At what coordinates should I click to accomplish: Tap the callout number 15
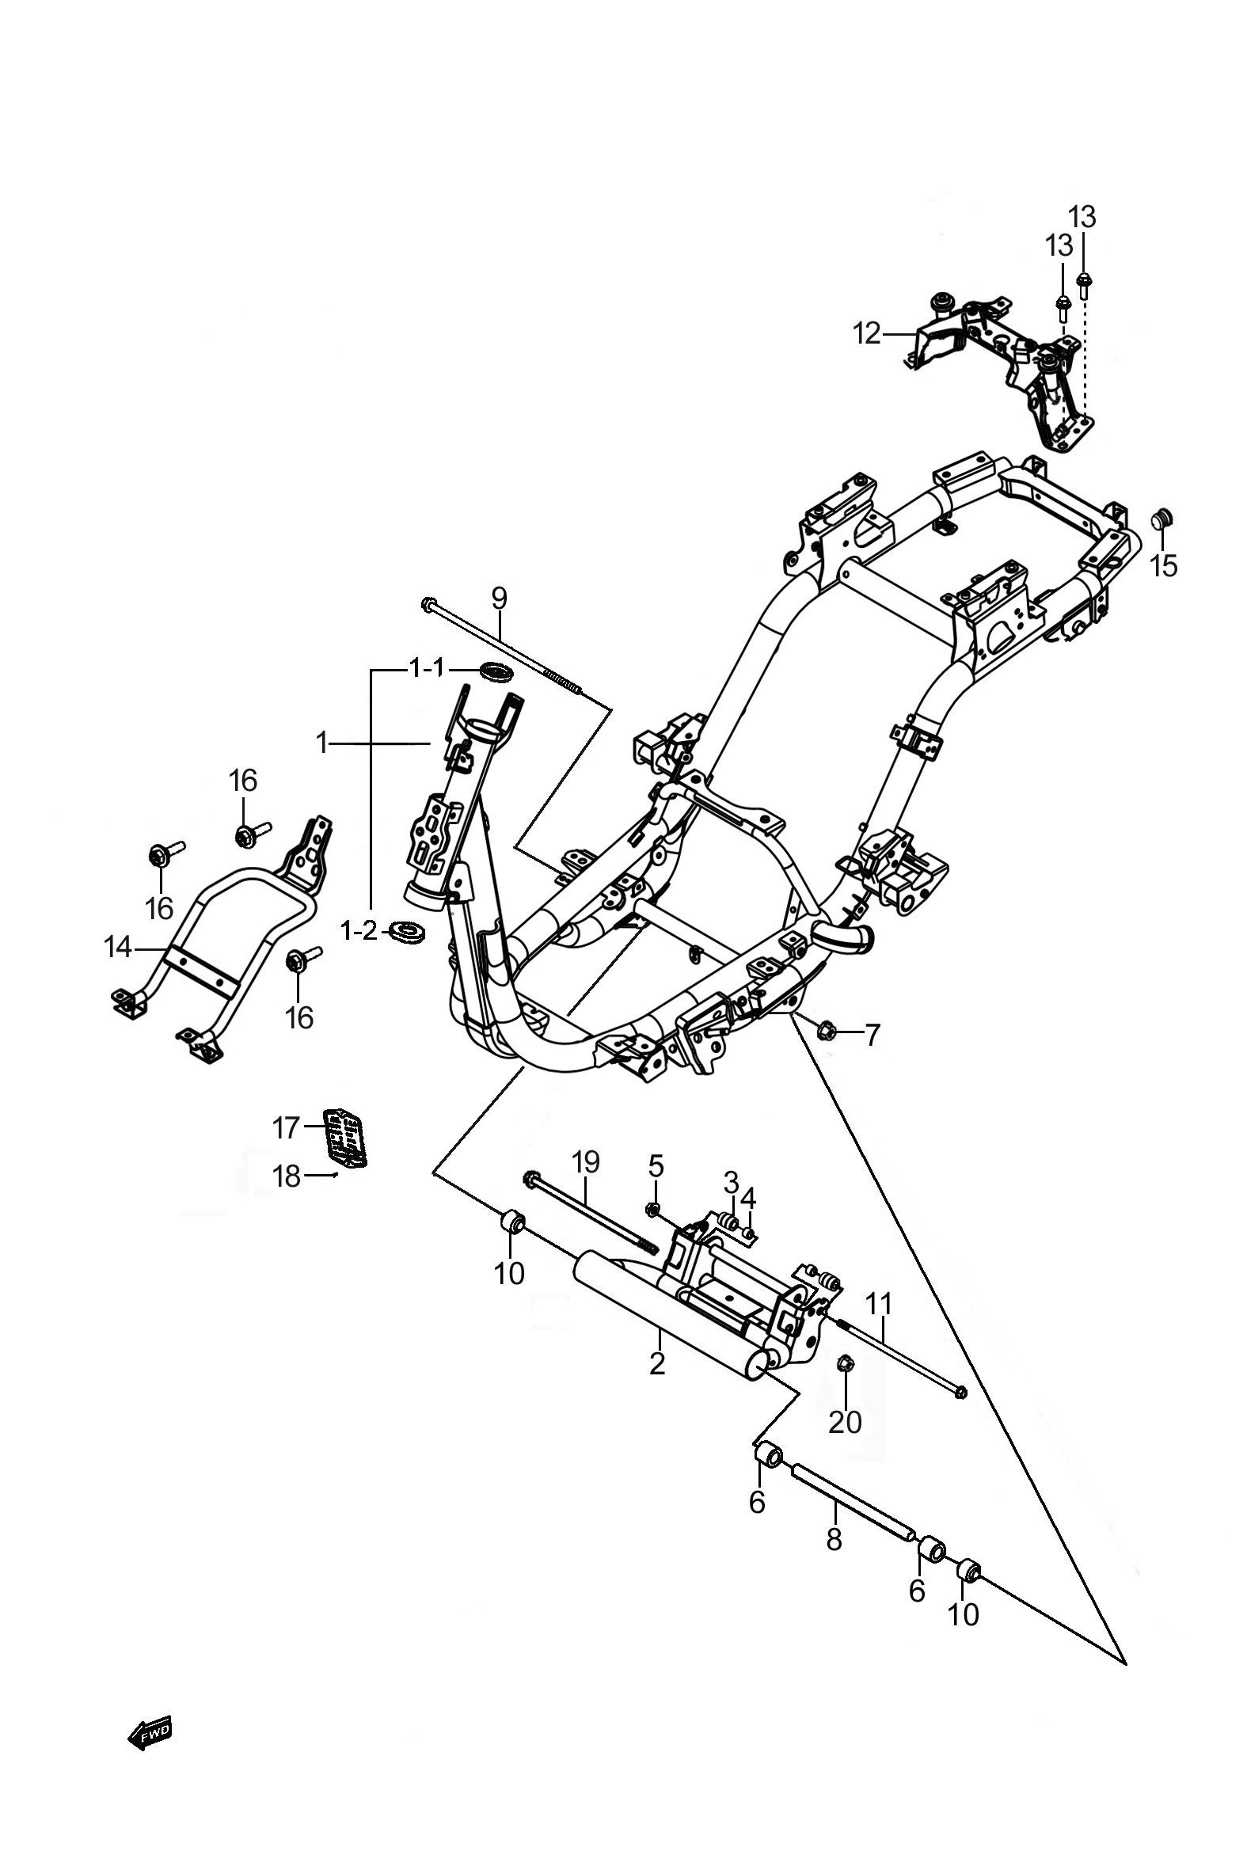1165,567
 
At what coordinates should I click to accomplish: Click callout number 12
868,334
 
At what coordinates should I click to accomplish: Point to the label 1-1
427,669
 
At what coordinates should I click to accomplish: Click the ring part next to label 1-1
495,671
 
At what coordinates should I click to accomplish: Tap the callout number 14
119,948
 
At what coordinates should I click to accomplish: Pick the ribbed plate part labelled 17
344,1136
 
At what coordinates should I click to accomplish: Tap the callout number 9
498,596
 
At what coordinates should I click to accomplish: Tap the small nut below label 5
652,1211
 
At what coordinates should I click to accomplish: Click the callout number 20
846,1423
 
